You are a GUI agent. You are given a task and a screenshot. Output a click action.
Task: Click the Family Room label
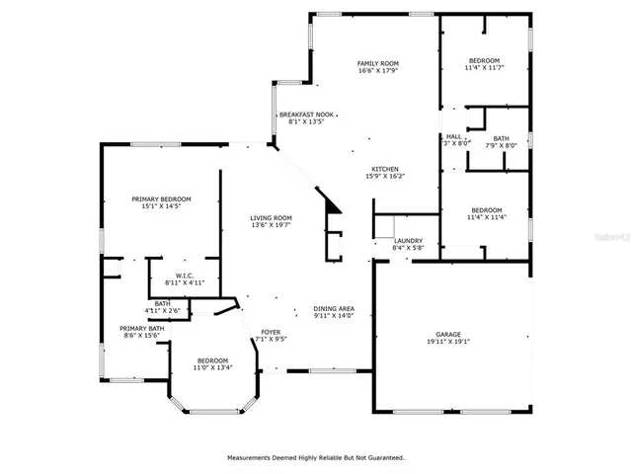point(376,63)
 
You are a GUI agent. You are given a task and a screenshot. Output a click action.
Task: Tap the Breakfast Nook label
point(305,115)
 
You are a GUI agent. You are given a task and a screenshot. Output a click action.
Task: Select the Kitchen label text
point(385,169)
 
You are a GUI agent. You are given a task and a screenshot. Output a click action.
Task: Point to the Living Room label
point(270,218)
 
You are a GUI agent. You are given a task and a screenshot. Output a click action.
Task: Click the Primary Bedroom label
point(161,199)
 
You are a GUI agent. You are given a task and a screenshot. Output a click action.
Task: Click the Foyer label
point(271,332)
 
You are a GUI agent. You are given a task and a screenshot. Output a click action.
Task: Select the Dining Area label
point(334,309)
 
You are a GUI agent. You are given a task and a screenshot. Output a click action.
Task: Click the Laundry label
point(408,241)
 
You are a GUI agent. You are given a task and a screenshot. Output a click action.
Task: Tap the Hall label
point(453,137)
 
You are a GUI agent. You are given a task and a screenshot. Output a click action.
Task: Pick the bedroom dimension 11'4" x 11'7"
point(484,68)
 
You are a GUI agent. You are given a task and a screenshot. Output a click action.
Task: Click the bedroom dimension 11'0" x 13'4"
point(212,368)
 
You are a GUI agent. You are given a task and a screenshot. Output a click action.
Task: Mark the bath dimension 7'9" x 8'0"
point(501,145)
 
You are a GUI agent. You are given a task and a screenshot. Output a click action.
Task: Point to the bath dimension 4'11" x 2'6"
point(162,311)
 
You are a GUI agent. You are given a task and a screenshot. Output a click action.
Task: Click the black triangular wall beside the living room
point(333,203)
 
